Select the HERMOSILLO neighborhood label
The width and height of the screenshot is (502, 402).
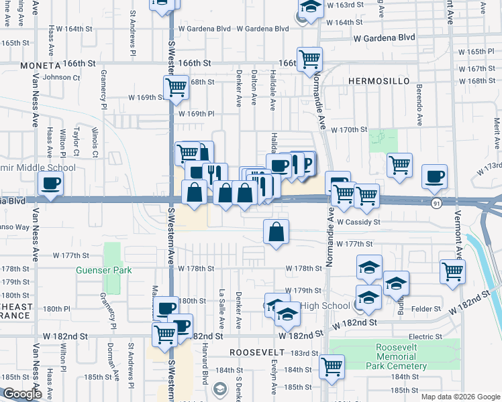pyautogui.click(x=379, y=80)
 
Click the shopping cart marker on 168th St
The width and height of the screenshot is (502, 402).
pyautogui.click(x=175, y=87)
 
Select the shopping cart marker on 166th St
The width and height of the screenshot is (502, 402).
pyautogui.click(x=309, y=59)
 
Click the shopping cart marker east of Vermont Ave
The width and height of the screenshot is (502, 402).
pyautogui.click(x=453, y=271)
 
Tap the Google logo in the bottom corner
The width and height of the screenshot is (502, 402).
pyautogui.click(x=22, y=394)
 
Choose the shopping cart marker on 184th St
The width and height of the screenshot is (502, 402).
pyautogui.click(x=332, y=366)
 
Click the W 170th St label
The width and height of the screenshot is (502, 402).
pyautogui.click(x=350, y=129)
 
